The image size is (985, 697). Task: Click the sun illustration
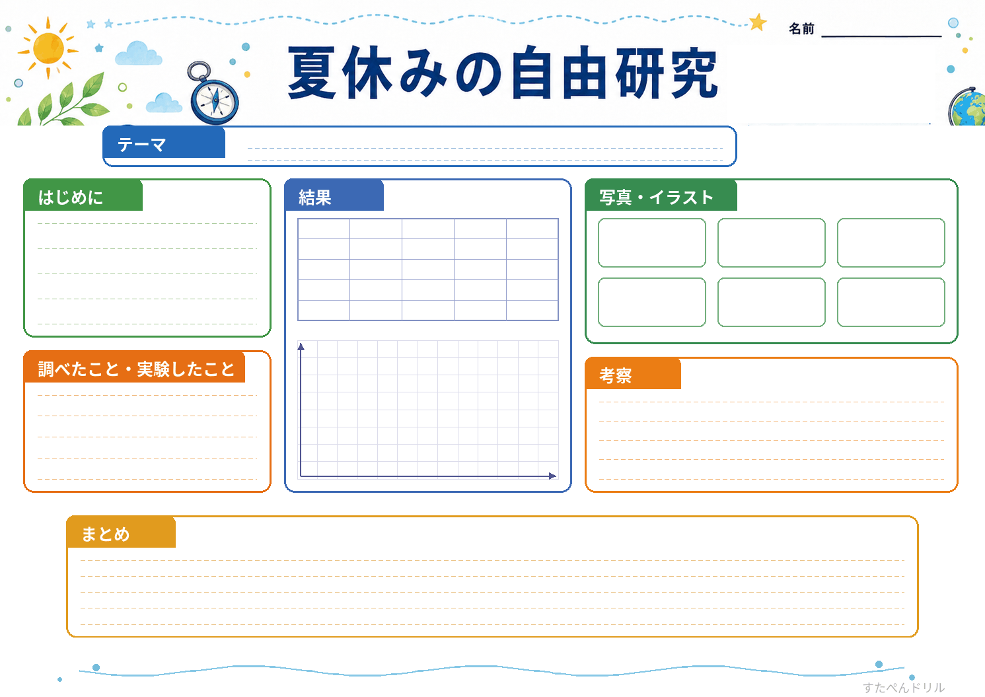click(48, 48)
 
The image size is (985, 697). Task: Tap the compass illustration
click(213, 95)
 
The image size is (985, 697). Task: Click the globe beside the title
click(967, 108)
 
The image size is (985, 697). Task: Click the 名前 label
click(801, 29)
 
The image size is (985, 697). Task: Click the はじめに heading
click(70, 198)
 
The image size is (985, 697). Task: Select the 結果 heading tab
click(334, 196)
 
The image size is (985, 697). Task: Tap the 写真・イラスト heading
click(656, 198)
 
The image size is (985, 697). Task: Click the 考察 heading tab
click(633, 374)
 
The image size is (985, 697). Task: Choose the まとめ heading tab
click(122, 532)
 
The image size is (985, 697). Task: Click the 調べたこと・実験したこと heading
click(136, 369)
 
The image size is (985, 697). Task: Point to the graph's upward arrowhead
click(301, 347)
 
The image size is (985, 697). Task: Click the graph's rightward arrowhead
click(553, 476)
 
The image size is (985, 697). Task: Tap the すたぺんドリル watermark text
click(904, 687)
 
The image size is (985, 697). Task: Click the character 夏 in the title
click(312, 73)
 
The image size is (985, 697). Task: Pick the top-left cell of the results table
click(324, 229)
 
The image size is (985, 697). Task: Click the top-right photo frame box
click(891, 242)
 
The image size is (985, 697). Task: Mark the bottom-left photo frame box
click(651, 302)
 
